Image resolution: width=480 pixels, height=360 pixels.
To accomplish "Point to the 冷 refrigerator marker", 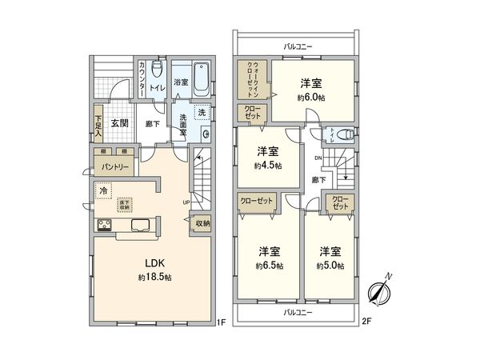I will click(103, 191).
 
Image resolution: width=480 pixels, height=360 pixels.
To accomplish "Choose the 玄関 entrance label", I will click(120, 124).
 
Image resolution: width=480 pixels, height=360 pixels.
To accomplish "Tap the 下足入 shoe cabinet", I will click(98, 125).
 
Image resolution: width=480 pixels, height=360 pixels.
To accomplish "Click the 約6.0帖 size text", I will click(312, 97).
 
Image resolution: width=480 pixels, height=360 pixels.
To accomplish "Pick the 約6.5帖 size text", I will click(269, 265).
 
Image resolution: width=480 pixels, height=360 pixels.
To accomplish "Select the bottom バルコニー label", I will click(298, 314).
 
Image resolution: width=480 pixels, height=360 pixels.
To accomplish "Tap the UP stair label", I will click(186, 201).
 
